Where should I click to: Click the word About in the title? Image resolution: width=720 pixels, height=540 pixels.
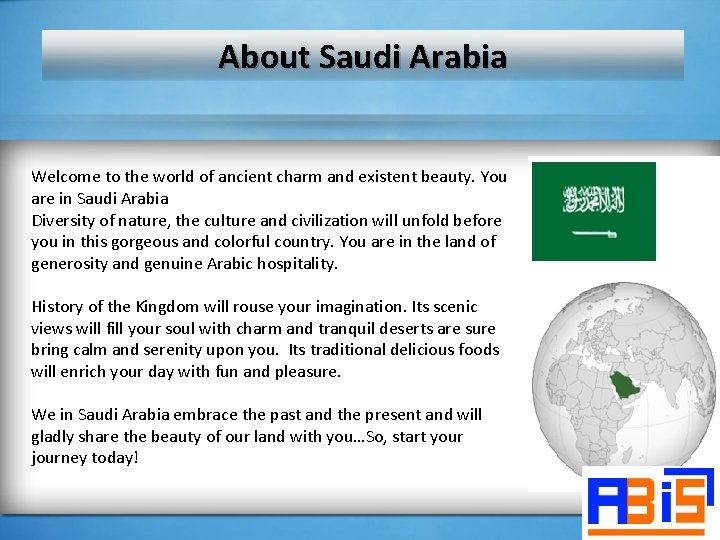pos(265,56)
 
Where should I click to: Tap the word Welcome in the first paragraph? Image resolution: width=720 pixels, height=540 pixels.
pos(66,177)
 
